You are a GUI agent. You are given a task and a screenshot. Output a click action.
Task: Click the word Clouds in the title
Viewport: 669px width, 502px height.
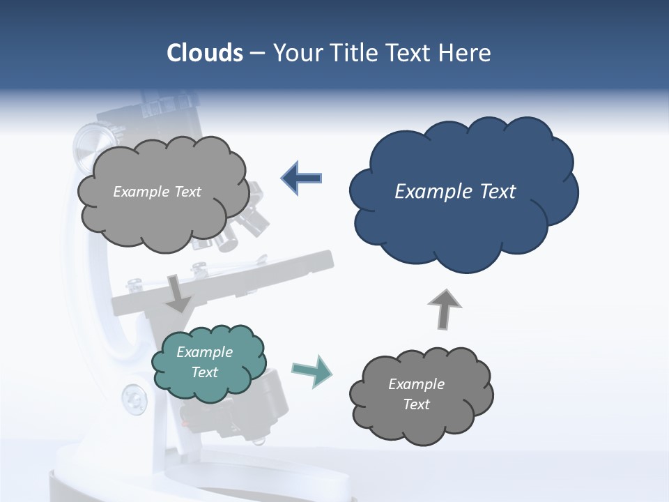click(x=205, y=53)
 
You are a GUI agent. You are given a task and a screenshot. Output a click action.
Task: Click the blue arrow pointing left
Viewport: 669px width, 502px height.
click(x=302, y=178)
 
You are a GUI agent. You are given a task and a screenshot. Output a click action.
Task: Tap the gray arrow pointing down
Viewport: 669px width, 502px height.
click(x=178, y=293)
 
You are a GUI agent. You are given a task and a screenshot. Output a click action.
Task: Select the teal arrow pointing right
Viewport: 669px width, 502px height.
click(x=312, y=370)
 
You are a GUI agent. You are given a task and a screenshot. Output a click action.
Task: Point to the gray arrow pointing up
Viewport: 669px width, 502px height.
click(x=444, y=308)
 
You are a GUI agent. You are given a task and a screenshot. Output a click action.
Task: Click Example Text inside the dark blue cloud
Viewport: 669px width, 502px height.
click(x=455, y=192)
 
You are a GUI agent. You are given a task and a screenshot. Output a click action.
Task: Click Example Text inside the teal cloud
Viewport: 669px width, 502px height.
click(x=205, y=362)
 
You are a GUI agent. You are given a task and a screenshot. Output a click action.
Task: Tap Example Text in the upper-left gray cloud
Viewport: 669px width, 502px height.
click(x=157, y=192)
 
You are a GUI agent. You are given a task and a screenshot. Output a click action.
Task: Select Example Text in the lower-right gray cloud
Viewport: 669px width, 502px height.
click(x=416, y=394)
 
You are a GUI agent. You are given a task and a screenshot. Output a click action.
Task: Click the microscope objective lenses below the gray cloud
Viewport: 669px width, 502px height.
click(x=247, y=223)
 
